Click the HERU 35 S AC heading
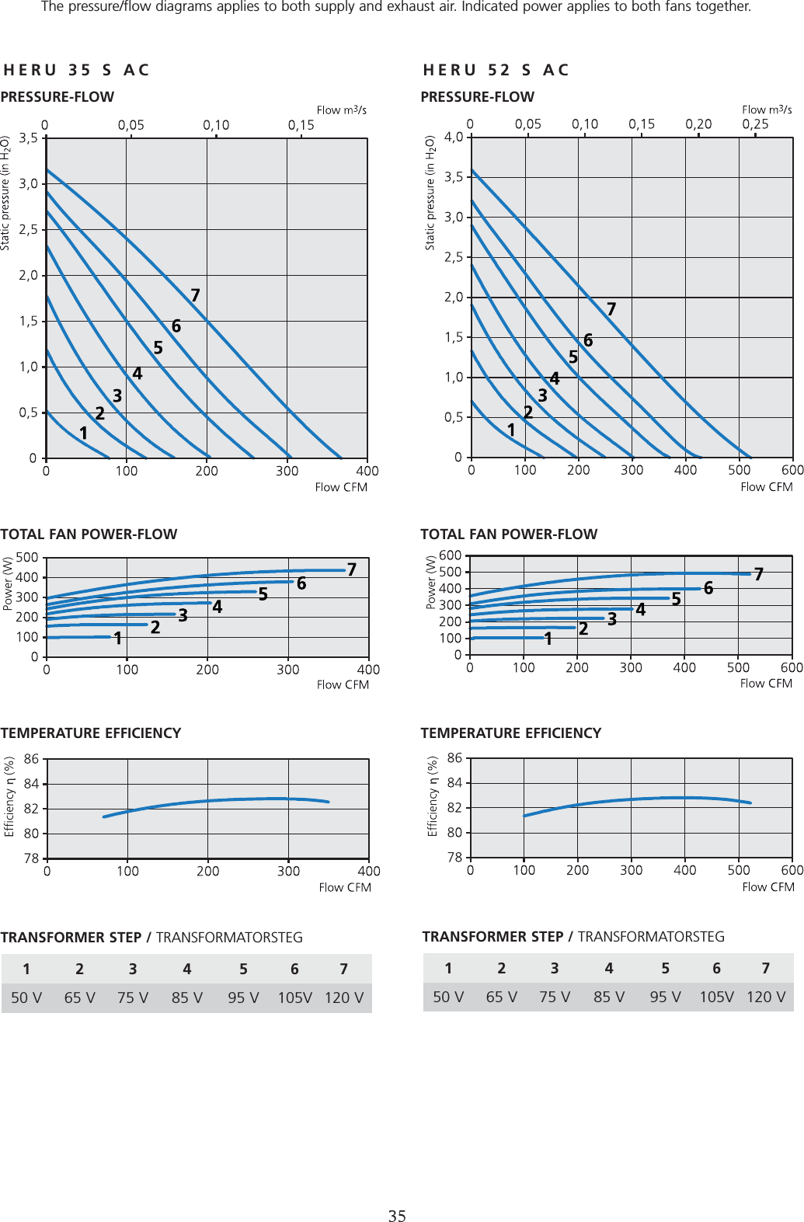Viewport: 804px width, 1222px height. click(x=76, y=70)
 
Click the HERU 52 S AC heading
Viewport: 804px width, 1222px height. click(x=496, y=70)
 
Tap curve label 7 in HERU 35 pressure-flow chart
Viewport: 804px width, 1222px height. click(x=196, y=295)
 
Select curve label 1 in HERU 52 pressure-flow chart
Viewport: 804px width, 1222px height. click(x=511, y=430)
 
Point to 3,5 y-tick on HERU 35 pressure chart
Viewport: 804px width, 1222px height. click(x=28, y=138)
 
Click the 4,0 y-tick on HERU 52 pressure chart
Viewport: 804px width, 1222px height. click(x=453, y=137)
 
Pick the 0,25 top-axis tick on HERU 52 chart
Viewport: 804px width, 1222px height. click(x=755, y=124)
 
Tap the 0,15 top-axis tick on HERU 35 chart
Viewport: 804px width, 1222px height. click(x=301, y=125)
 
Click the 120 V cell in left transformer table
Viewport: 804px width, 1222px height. click(x=344, y=998)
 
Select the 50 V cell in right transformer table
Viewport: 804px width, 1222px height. click(x=448, y=997)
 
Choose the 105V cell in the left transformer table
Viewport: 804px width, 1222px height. click(x=295, y=998)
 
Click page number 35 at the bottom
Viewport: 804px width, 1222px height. click(x=397, y=1216)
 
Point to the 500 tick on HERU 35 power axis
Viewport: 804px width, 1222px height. click(x=27, y=557)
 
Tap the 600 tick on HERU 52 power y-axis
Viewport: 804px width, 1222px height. click(x=451, y=555)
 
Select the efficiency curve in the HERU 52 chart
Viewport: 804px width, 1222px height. click(x=637, y=799)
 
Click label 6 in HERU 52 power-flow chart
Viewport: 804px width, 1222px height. click(x=708, y=588)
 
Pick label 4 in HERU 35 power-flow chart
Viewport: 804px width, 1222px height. click(x=218, y=607)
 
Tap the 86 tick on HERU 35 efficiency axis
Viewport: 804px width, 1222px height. click(x=31, y=759)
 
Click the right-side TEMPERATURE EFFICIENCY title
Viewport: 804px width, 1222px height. click(x=510, y=733)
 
